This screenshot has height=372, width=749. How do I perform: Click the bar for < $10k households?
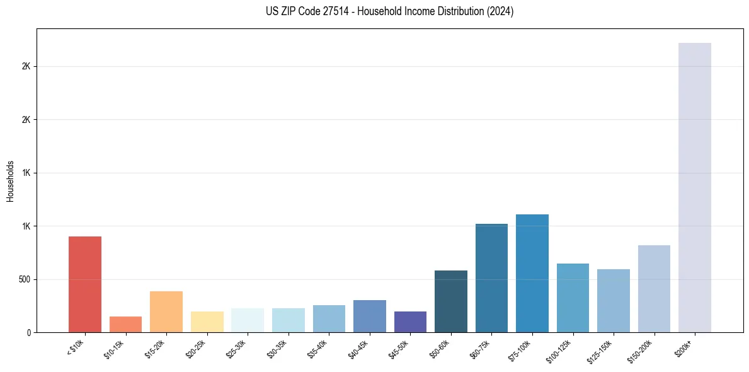click(85, 284)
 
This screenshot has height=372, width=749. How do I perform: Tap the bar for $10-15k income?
click(125, 324)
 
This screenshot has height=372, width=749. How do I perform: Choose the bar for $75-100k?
click(532, 273)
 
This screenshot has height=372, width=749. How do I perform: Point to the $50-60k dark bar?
click(451, 301)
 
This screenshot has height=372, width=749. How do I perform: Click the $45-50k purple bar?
click(410, 322)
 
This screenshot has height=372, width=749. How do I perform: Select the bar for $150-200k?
click(654, 289)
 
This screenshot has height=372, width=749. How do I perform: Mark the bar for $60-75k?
click(491, 278)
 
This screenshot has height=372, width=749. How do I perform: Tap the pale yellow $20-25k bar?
click(207, 322)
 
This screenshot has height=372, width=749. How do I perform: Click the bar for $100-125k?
click(573, 298)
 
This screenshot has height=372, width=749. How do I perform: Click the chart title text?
click(390, 11)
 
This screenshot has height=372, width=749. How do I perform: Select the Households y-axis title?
click(11, 180)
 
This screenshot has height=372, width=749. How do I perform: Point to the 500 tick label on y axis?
click(25, 279)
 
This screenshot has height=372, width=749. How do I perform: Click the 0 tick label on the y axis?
click(29, 332)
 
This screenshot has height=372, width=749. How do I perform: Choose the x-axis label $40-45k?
click(359, 349)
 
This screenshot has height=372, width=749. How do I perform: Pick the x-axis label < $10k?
click(76, 348)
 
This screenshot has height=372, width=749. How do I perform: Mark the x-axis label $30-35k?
click(278, 349)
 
